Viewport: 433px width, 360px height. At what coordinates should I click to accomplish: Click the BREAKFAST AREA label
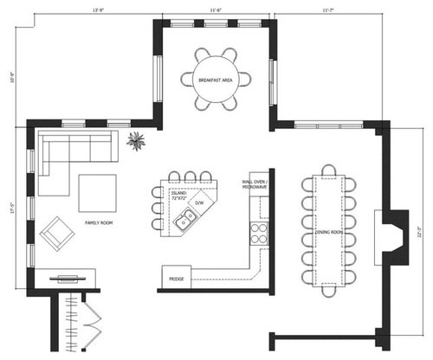214,80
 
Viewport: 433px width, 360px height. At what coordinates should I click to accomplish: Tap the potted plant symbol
137,141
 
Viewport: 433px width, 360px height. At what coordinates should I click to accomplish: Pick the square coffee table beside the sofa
97,192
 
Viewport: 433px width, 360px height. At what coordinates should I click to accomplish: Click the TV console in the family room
67,279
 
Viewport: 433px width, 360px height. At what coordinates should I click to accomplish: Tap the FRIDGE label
176,280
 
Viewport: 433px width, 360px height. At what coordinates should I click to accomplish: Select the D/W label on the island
198,202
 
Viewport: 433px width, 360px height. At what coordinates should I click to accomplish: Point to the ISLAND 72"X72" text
179,196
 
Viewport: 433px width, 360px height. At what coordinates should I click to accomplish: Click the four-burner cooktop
258,231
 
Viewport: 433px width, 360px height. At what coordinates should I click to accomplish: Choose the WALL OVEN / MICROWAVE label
254,184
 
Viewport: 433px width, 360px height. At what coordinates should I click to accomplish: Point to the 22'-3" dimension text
418,232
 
